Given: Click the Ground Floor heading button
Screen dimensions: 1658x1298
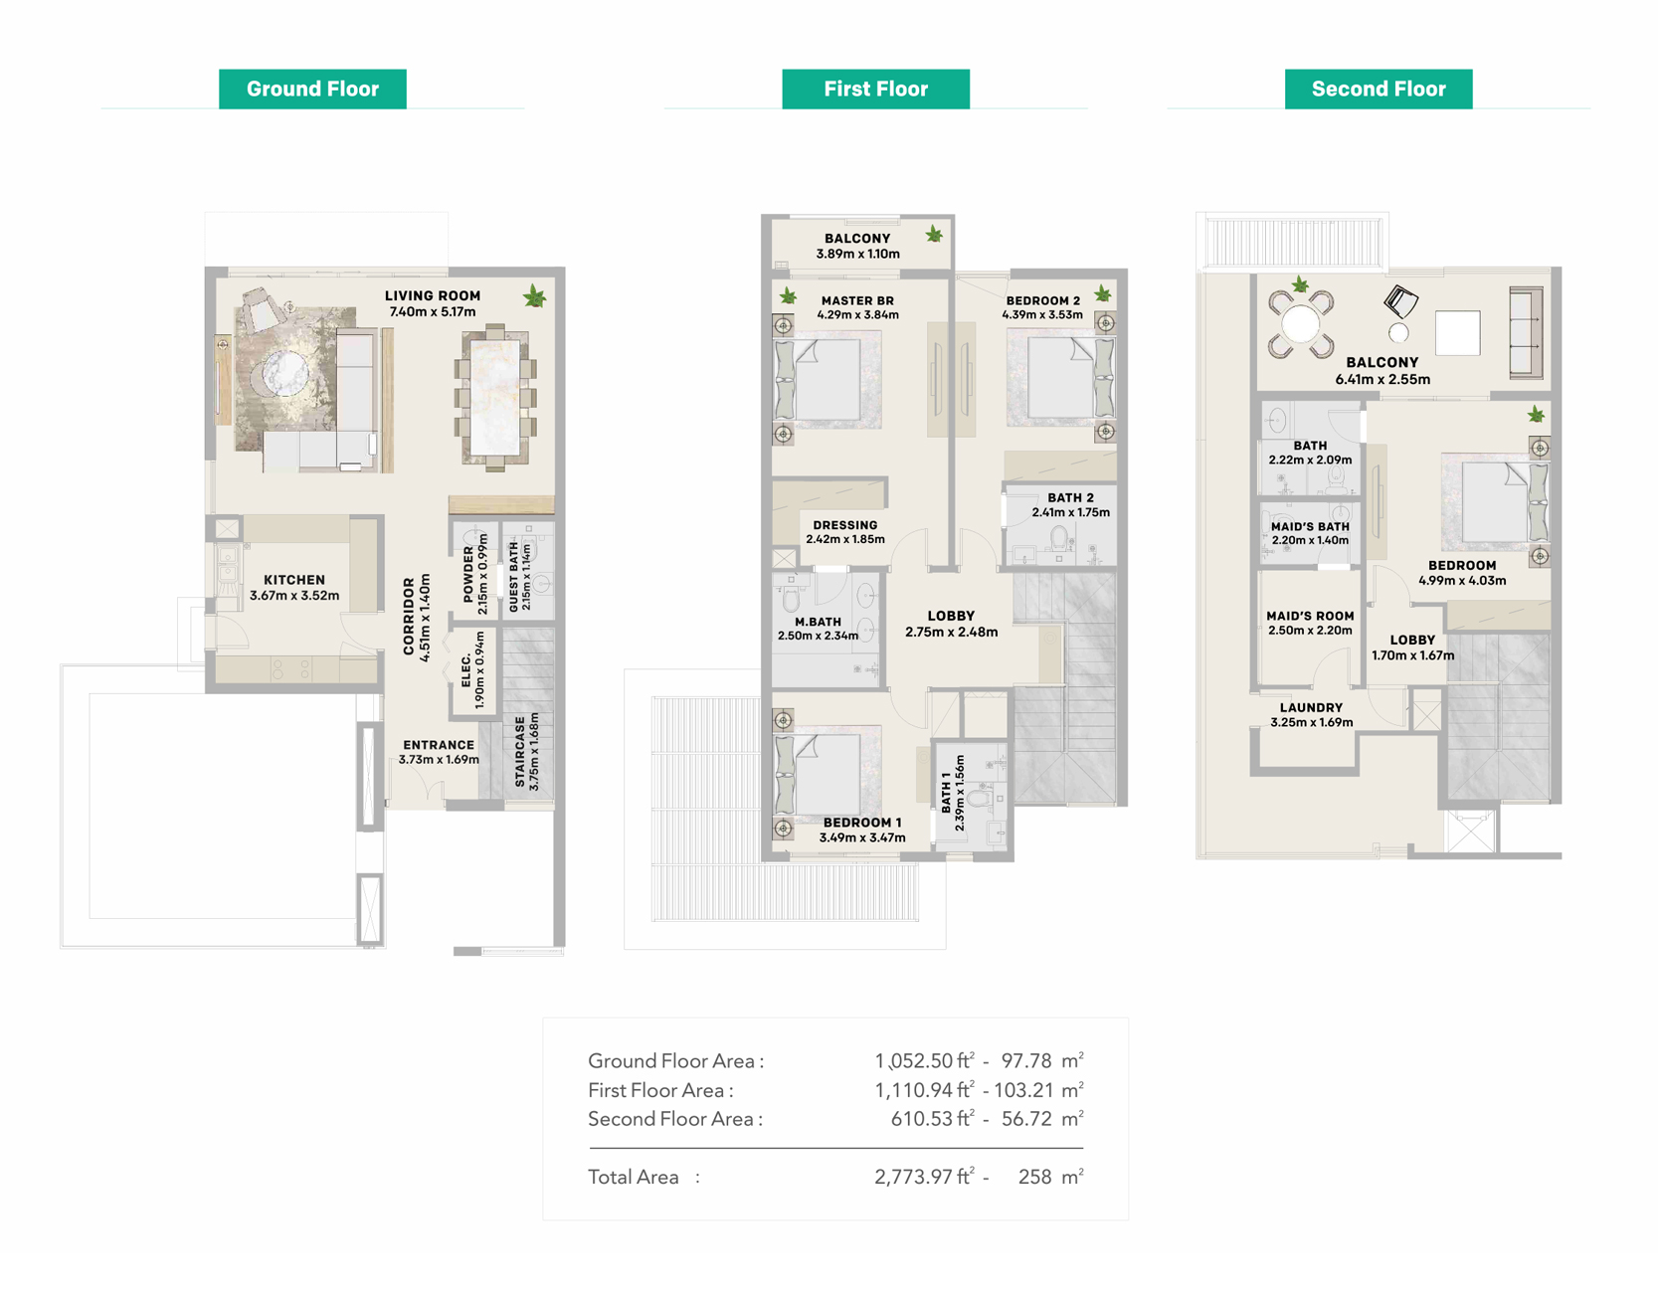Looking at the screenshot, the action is coord(312,89).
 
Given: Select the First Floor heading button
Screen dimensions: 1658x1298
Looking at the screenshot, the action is coord(875,89).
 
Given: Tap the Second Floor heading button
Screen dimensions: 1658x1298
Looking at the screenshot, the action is coord(1379,89).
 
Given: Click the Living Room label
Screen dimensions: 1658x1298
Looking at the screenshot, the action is coord(433,295).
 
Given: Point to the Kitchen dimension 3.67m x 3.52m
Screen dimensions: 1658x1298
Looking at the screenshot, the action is coord(294,596).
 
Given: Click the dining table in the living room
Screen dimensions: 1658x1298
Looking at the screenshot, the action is coord(495,398).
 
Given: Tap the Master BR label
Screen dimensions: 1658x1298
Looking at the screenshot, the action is coord(857,300).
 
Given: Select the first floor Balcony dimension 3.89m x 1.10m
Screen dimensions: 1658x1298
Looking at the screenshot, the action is coord(857,254).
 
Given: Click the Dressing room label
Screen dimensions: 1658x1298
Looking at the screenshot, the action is coord(845,525).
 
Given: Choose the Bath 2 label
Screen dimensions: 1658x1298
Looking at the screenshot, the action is coord(1070,497).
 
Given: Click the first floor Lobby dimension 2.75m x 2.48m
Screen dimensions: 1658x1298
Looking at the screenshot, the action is coord(951,632).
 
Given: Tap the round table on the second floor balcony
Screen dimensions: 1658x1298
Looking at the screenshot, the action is coord(1300,323).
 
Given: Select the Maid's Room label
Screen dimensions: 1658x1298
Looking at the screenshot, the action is coord(1310,616).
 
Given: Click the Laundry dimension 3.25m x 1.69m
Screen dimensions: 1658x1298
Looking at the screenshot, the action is coord(1311,722).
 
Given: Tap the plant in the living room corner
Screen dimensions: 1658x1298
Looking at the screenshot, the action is coord(535,296).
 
